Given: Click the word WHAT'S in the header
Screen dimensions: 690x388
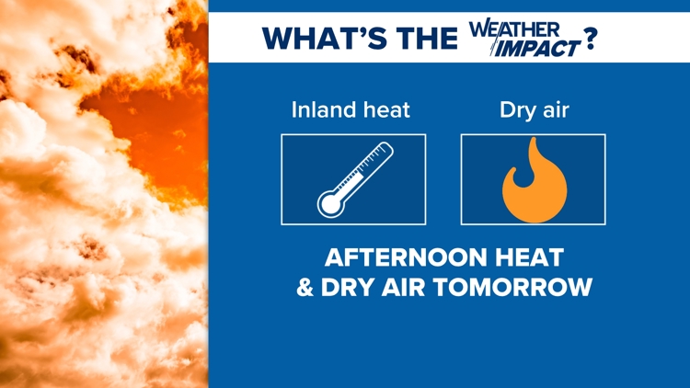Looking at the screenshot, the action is pyautogui.click(x=325, y=38).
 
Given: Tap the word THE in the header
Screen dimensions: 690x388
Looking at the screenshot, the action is pyautogui.click(x=427, y=38).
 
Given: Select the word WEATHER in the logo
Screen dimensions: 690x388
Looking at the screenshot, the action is pyautogui.click(x=514, y=30).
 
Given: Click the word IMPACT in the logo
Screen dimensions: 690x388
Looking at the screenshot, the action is pyautogui.click(x=537, y=48).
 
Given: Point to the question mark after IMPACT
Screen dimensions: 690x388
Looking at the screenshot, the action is pyautogui.click(x=590, y=39).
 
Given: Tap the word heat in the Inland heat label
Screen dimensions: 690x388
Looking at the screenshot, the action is pyautogui.click(x=383, y=109).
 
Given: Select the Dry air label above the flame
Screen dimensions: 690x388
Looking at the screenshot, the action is pyautogui.click(x=535, y=110).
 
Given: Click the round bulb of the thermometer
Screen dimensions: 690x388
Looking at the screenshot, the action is pyautogui.click(x=331, y=204).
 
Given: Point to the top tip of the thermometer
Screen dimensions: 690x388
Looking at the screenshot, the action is pyautogui.click(x=387, y=145).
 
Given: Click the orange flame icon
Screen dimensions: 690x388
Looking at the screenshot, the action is pyautogui.click(x=535, y=180).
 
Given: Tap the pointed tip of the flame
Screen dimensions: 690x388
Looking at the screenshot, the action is pyautogui.click(x=534, y=138).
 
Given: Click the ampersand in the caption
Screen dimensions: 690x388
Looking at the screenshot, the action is pyautogui.click(x=305, y=287).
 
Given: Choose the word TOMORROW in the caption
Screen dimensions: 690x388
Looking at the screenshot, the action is pyautogui.click(x=513, y=287).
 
